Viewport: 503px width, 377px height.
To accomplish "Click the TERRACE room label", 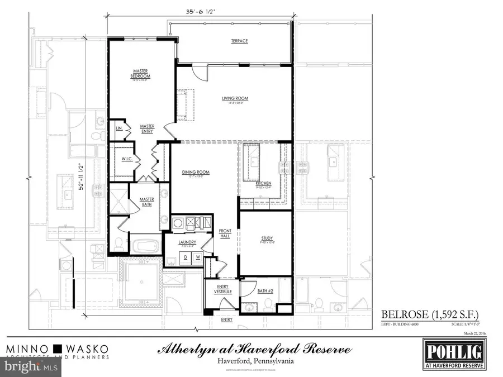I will click(239, 41).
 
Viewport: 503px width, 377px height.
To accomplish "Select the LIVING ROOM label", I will click(235, 99).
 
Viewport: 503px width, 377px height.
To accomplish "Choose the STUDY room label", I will click(267, 238).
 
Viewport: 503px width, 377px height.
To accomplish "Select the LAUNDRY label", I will click(186, 242).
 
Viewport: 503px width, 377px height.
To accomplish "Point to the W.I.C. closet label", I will click(127, 159).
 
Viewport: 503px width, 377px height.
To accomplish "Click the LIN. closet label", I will click(118, 128).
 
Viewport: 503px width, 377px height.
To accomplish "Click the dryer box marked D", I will click(186, 257).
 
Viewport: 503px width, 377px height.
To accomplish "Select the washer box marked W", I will click(197, 257).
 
